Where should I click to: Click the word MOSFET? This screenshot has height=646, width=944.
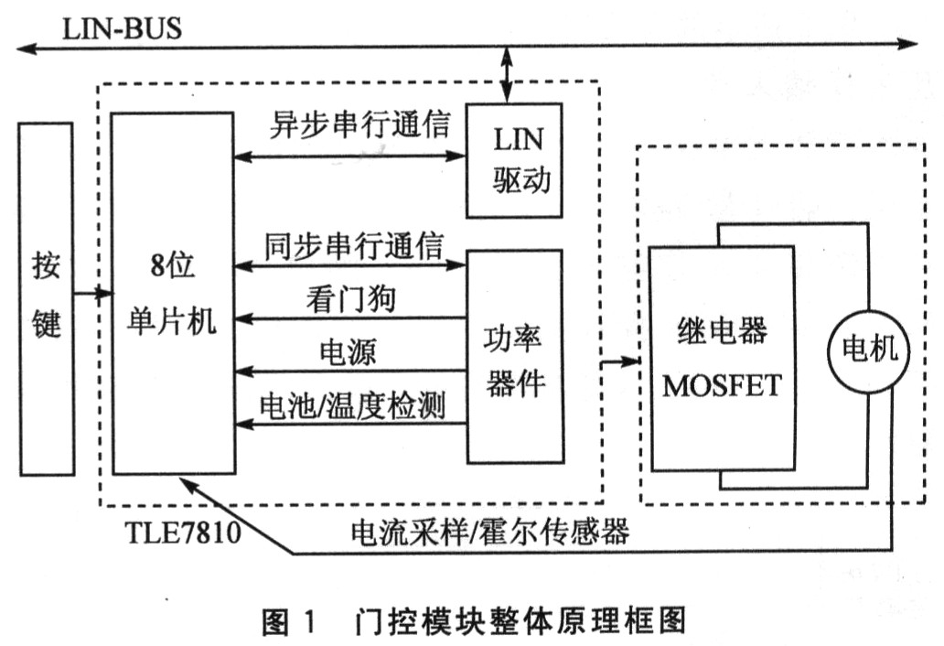722,385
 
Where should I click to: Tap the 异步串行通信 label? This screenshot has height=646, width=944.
359,125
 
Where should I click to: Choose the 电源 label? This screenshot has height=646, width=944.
347,351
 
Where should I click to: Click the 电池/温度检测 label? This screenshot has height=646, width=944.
353,404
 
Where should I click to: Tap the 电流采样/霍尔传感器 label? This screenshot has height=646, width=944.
490,532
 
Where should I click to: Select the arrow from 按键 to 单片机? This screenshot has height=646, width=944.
92,294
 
